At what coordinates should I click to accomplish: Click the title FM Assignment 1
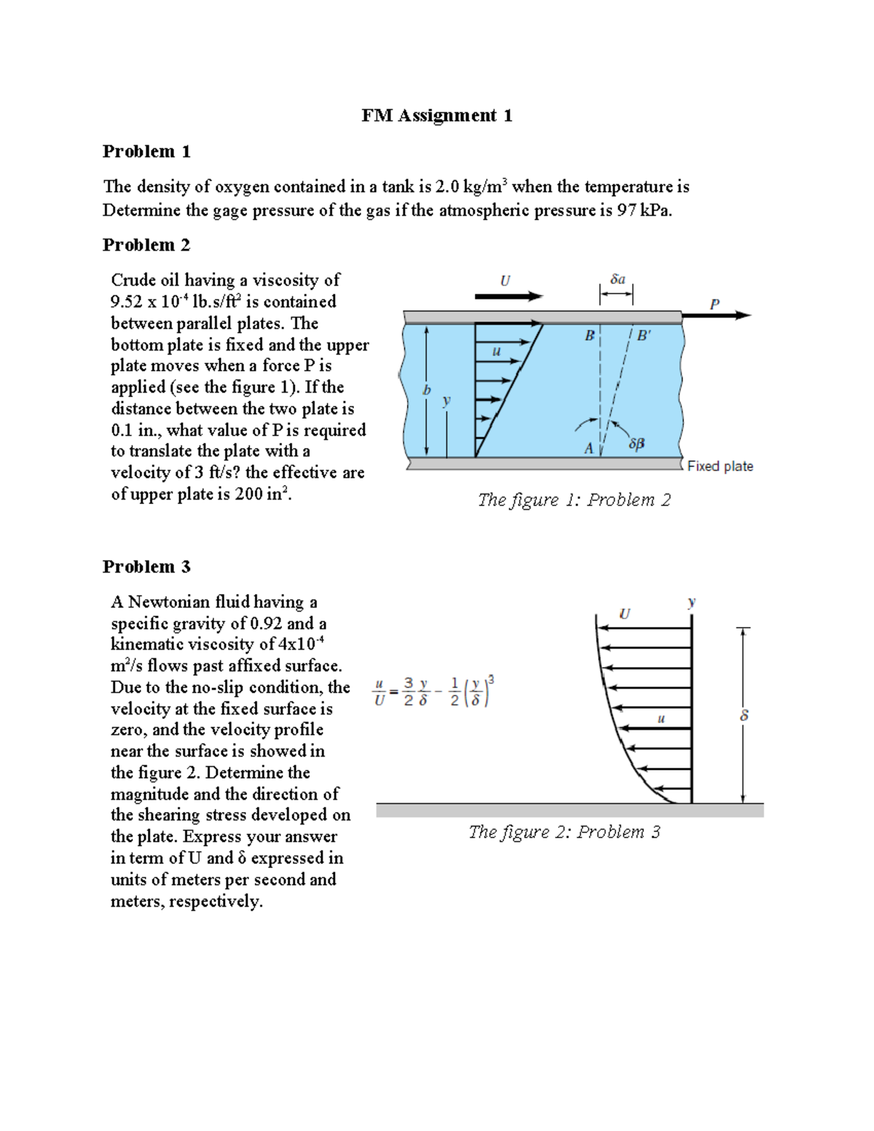point(436,115)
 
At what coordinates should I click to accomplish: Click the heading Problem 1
point(146,151)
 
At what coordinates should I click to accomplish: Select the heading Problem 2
point(146,245)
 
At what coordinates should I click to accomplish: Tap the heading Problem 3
point(146,567)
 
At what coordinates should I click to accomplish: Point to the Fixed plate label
point(720,466)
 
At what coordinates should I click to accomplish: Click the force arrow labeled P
point(721,315)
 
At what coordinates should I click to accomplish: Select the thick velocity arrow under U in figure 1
point(508,296)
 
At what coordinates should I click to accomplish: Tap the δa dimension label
point(618,279)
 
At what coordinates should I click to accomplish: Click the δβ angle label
point(636,443)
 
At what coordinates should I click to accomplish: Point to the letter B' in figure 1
point(644,336)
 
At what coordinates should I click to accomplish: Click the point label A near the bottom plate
point(588,449)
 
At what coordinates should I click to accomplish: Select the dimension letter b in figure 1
point(427,390)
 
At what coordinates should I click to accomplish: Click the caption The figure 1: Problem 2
point(574,500)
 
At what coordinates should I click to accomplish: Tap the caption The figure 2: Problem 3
point(564,832)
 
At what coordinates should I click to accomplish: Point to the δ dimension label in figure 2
point(744,716)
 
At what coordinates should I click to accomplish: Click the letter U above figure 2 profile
point(624,614)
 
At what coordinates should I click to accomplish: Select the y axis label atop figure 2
point(691,602)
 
